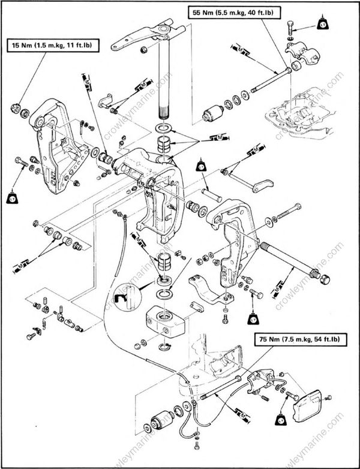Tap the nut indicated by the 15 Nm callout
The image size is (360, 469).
(18, 110)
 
